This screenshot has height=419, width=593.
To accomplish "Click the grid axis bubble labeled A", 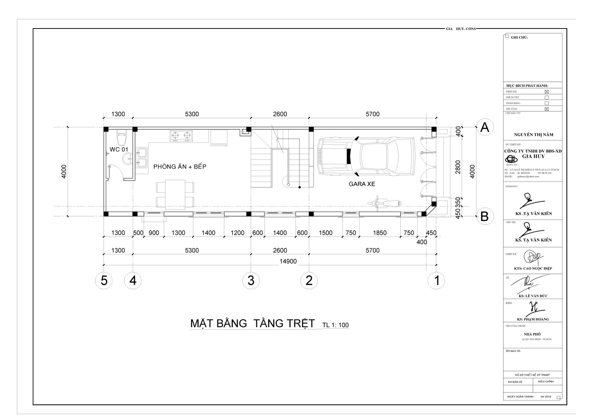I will click(x=484, y=127).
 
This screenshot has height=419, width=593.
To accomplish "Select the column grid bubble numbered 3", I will click(x=251, y=281).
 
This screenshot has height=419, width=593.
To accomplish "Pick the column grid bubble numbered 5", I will click(x=104, y=281).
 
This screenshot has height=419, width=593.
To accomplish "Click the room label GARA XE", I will click(x=362, y=184).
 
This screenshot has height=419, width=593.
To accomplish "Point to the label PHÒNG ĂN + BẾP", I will click(x=180, y=167).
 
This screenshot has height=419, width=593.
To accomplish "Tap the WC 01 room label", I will click(x=119, y=150).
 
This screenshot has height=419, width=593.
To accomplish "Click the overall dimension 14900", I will click(x=288, y=261).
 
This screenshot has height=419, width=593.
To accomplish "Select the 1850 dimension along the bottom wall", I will click(x=380, y=233).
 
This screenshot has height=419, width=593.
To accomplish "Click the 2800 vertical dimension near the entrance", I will click(x=458, y=167).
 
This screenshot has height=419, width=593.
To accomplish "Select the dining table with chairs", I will click(x=175, y=194).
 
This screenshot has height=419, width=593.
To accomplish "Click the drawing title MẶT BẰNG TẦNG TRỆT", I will click(x=252, y=323).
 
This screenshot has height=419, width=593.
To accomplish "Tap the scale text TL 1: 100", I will click(x=335, y=325).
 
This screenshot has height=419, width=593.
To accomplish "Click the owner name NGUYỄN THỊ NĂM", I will click(x=533, y=135).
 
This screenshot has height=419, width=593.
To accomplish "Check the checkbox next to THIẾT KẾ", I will click(x=546, y=92).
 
